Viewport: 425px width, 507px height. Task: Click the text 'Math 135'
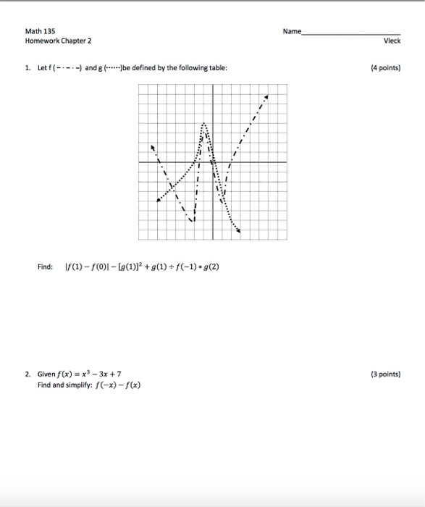(x=35, y=32)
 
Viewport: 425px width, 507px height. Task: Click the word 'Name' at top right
(x=293, y=32)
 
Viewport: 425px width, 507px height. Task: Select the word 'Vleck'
(x=392, y=41)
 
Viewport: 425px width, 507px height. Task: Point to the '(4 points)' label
(x=384, y=69)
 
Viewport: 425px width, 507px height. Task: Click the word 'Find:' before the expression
(x=45, y=267)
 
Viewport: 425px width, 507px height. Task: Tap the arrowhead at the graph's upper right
(x=266, y=96)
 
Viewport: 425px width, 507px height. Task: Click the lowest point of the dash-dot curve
(x=193, y=221)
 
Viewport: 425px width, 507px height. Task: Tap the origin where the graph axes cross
(x=213, y=162)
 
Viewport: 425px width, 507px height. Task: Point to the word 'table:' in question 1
(x=217, y=69)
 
